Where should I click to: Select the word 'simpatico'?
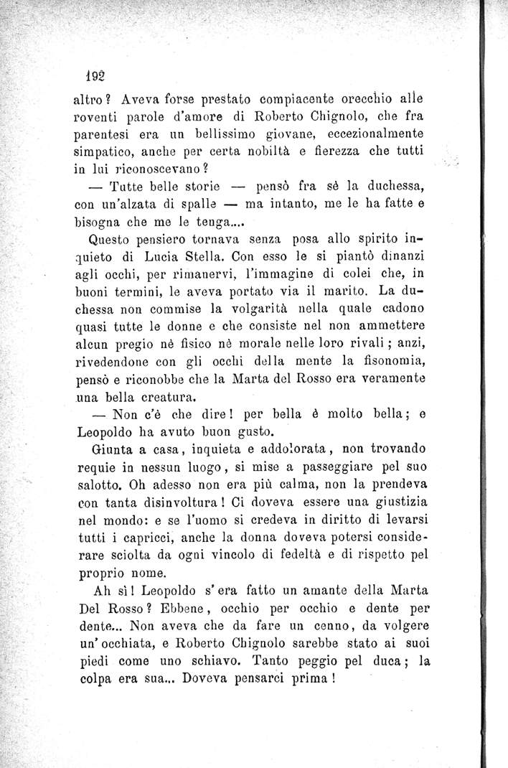pos(105,151)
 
